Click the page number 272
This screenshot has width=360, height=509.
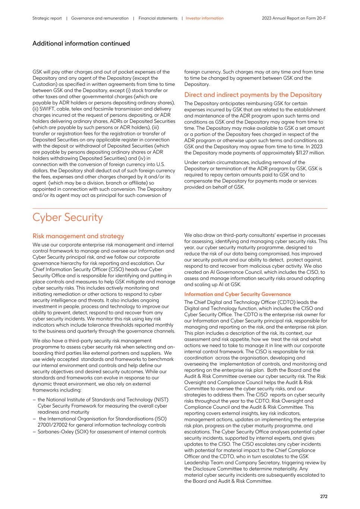pos(323,496)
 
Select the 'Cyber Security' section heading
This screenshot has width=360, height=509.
pos(67,217)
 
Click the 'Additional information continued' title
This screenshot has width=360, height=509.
pos(81,43)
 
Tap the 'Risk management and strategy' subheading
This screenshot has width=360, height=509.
pos(78,236)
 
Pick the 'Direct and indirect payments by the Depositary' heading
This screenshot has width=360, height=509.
pos(253,95)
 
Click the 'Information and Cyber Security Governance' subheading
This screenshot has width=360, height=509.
pos(237,294)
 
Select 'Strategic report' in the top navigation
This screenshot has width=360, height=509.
pos(47,18)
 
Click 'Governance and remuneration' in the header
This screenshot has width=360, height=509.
pos(100,18)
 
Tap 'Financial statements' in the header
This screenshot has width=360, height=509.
pos(158,18)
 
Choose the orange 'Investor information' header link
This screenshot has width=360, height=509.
pos(205,18)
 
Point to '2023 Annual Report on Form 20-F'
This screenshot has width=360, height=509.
pos(294,18)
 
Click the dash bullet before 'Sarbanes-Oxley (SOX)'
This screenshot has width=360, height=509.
pos(34,432)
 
